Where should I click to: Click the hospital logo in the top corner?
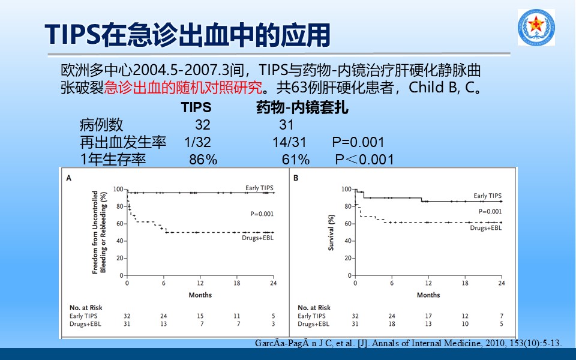click(536, 28)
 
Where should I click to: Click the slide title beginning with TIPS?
click(187, 35)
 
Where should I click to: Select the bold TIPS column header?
click(196, 107)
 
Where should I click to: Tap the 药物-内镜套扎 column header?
click(302, 107)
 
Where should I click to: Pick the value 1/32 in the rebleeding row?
click(197, 142)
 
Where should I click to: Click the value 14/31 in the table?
click(289, 142)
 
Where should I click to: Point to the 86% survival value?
click(203, 160)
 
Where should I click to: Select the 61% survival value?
click(296, 160)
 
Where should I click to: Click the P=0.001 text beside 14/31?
click(358, 142)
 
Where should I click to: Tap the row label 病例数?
click(101, 125)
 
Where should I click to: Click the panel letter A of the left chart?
click(68, 178)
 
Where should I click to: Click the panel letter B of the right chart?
click(296, 178)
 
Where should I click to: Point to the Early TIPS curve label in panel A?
click(259, 188)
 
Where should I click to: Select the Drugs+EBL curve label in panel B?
click(485, 228)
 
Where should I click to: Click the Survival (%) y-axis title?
click(331, 233)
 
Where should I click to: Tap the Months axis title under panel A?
click(200, 295)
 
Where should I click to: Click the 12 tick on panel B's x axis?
click(428, 283)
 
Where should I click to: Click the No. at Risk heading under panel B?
click(314, 308)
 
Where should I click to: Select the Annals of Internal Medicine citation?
click(408, 343)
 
